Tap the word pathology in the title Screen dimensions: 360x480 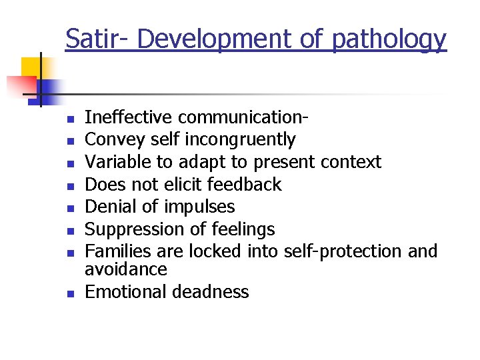click(x=389, y=41)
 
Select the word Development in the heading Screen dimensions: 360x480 click(x=215, y=39)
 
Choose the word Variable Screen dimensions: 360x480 click(x=118, y=162)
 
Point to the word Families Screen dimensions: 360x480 click(x=116, y=251)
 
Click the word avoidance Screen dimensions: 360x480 click(x=126, y=269)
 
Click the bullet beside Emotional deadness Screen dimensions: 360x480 click(x=68, y=293)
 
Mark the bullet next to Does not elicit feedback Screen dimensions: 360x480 click(x=68, y=186)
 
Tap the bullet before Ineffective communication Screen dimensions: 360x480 click(x=68, y=119)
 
